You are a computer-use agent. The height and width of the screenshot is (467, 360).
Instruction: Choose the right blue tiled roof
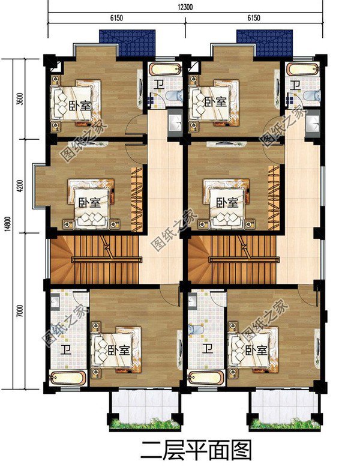coord(264,43)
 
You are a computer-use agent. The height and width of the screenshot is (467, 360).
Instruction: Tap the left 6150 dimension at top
coord(116,19)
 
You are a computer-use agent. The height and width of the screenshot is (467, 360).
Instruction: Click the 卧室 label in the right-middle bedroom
coord(227,202)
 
